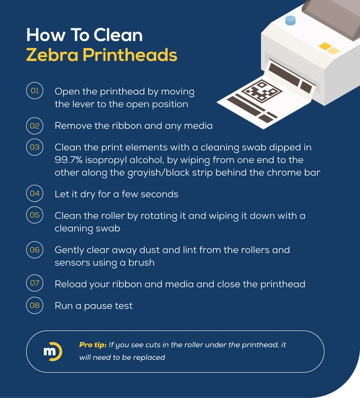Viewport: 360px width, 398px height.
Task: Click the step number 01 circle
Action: [35, 91]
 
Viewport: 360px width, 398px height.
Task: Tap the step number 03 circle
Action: [35, 147]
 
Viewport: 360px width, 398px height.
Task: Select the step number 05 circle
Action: [35, 215]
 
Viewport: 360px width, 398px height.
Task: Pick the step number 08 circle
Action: [35, 305]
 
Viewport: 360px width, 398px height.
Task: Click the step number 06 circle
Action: [35, 250]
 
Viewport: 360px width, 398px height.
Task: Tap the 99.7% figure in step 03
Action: [70, 160]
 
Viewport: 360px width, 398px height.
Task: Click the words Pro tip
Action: [92, 345]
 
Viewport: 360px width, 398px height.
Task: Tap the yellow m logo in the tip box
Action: [51, 351]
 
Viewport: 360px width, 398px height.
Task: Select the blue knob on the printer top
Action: [290, 20]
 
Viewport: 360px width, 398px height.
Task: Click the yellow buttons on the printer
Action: [329, 48]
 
